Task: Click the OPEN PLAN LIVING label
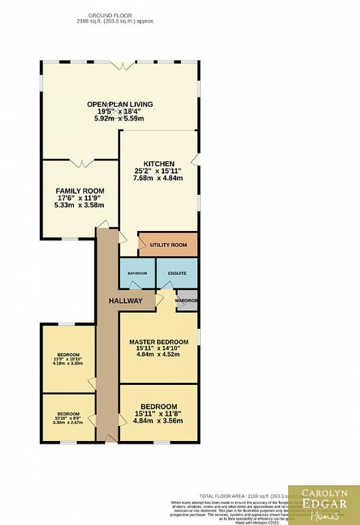pos(120,104)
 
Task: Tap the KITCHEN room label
pos(159,164)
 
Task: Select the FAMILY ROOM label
pos(80,191)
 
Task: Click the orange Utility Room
pos(168,244)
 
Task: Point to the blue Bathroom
pos(137,273)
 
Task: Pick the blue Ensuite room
pos(177,273)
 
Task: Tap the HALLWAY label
pos(125,301)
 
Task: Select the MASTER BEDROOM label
pos(159,342)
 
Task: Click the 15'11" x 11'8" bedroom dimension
pos(159,414)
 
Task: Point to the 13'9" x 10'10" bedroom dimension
pos(68,359)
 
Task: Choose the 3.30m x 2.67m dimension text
pos(68,422)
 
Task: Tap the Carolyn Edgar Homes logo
pos(324,505)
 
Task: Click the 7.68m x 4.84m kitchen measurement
pos(159,178)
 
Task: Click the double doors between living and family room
pos(81,163)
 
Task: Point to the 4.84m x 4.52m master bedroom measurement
pos(159,353)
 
